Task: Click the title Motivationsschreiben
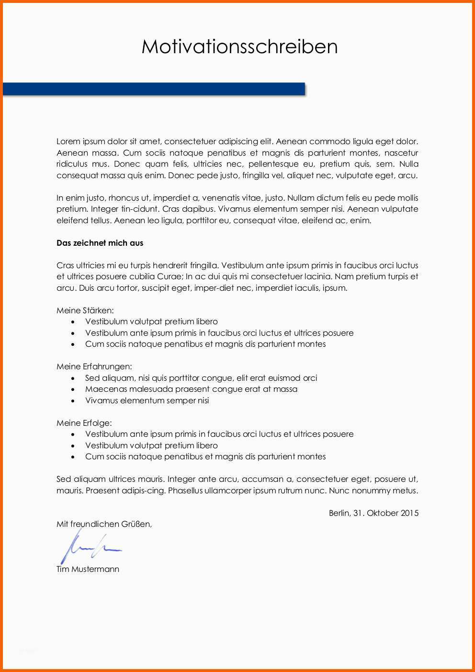pos(239,46)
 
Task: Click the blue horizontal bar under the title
pos(154,89)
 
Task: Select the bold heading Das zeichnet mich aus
pos(100,243)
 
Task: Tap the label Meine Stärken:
pos(85,310)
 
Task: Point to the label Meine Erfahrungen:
pos(94,366)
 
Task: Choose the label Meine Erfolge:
pos(84,423)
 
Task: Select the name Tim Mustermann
pos(88,569)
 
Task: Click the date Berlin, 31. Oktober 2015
pos(373,513)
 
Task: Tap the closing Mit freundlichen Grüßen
pos(104,524)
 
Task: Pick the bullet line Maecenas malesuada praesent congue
pos(191,389)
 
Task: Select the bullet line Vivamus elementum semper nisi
pos(147,400)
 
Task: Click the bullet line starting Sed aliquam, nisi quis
pos(201,378)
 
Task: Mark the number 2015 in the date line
pos(409,513)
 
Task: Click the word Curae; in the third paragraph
pos(169,276)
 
